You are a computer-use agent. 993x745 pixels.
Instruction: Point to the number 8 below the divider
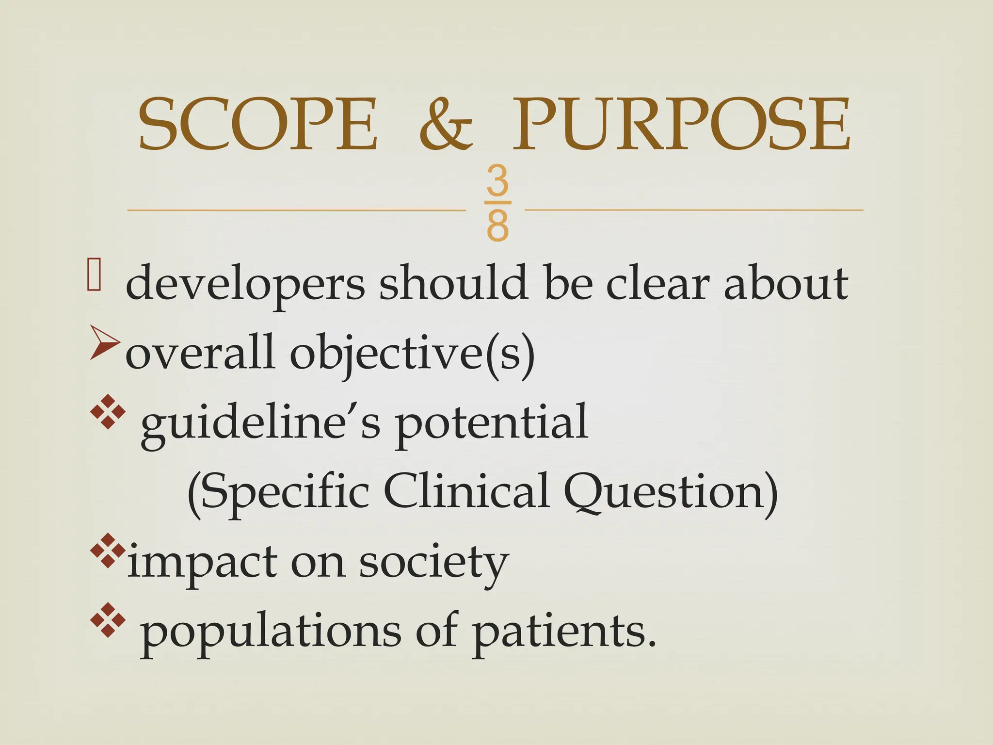tap(497, 226)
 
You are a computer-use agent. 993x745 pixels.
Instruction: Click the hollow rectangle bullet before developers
tap(94, 275)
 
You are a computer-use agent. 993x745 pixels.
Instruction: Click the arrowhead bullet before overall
tap(104, 344)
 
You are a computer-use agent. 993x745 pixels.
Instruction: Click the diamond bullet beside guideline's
tap(108, 412)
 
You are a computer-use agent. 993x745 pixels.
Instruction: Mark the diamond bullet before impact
tap(108, 551)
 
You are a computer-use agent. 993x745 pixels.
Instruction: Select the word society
tap(433, 563)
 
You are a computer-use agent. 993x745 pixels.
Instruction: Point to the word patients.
tap(564, 632)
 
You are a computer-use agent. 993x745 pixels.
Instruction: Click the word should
tap(453, 283)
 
